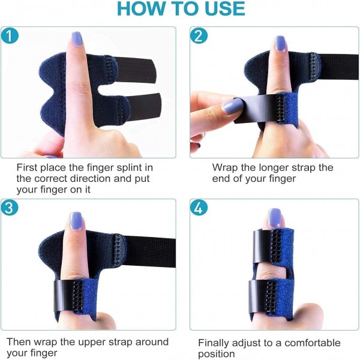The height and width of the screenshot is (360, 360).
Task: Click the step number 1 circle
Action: pyautogui.click(x=10, y=35)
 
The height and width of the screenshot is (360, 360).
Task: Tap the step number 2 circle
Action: pyautogui.click(x=199, y=35)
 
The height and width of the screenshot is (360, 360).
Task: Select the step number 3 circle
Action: pyautogui.click(x=10, y=208)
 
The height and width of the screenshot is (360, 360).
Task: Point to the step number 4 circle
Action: pyautogui.click(x=199, y=208)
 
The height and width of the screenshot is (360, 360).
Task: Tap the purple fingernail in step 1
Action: pyautogui.click(x=77, y=39)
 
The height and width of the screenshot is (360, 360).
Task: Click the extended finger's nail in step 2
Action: pyautogui.click(x=280, y=44)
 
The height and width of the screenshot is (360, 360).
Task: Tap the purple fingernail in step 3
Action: pyautogui.click(x=76, y=221)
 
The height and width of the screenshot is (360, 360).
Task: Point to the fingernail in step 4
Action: pyautogui.click(x=275, y=217)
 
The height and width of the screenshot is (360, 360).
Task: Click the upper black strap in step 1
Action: pyautogui.click(x=136, y=70)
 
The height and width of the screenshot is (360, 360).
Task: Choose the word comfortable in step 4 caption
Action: pyautogui.click(x=313, y=343)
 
